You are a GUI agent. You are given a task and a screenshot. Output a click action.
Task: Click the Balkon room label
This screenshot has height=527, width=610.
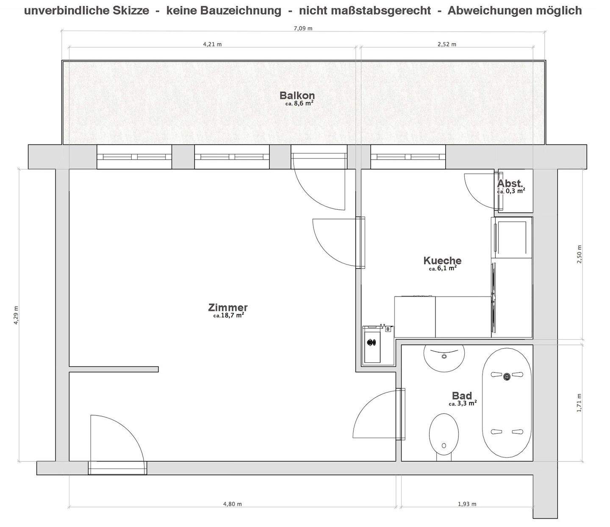coord(297,96)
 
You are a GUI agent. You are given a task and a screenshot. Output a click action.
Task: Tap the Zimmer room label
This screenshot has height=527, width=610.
coord(228,308)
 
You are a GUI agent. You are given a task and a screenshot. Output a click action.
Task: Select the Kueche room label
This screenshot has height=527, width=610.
coord(442,261)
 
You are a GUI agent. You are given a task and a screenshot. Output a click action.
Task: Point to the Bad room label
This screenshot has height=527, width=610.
coord(462,396)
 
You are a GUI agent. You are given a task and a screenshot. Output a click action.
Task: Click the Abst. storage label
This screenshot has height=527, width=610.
coord(510,184)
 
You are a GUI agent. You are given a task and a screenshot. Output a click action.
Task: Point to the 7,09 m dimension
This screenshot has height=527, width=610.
coord(303,29)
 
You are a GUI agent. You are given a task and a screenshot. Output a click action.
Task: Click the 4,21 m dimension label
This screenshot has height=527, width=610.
coord(212,44)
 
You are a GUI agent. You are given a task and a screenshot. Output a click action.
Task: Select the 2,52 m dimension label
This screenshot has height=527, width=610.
coord(446,44)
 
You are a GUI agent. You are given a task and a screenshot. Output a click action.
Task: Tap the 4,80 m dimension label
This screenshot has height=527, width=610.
coord(232,504)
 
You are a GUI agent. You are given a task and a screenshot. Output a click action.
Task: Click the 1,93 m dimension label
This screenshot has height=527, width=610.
coord(467,504)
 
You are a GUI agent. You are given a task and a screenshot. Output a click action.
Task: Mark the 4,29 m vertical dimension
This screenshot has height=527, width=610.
coord(17,315)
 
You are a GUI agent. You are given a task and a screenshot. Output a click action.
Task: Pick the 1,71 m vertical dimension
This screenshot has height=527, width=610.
coord(579,402)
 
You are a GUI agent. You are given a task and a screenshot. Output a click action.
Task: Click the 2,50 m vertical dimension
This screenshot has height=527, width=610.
coord(579,254)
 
